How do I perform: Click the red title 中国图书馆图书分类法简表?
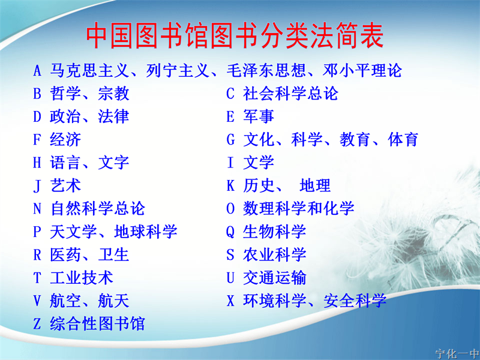[x=235, y=35]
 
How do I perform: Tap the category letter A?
[x=37, y=71]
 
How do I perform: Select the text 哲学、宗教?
[x=89, y=94]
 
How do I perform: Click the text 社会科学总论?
[x=290, y=94]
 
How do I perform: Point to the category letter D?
[x=37, y=116]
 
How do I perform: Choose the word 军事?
[x=259, y=116]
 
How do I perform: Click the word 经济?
[x=65, y=140]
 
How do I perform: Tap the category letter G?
[x=230, y=140]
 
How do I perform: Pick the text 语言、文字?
[x=89, y=163]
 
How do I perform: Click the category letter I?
[x=230, y=163]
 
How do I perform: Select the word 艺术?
[x=65, y=185]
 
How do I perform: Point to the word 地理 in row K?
[x=315, y=185]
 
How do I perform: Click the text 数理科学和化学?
[x=298, y=208]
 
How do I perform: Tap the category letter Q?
[x=230, y=232]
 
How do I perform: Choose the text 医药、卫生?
[x=89, y=254]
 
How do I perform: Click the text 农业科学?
[x=275, y=254]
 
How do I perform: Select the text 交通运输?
[x=275, y=278]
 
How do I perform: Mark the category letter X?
[x=230, y=301]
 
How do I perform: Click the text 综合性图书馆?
[x=97, y=323]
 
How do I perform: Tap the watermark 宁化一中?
[x=457, y=354]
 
